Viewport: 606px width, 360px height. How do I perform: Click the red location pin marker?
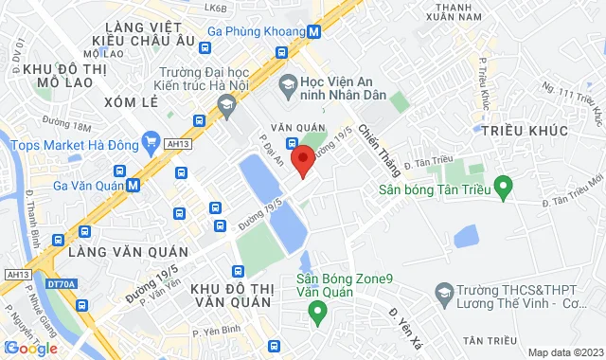tap(302, 159)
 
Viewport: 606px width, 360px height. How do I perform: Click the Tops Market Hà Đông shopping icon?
tap(150, 143)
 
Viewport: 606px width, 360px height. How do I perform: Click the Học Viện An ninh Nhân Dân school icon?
tap(288, 85)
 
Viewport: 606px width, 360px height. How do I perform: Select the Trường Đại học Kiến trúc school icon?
tap(225, 106)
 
